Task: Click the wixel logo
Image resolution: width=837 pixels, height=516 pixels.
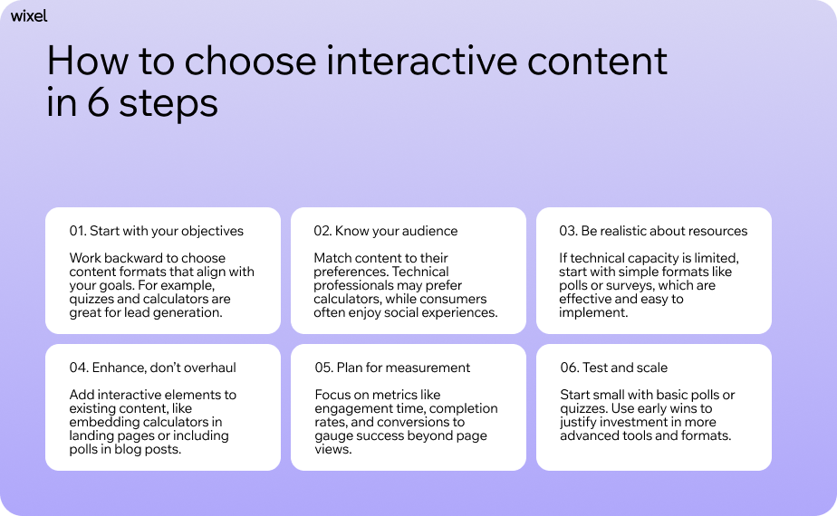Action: click(29, 15)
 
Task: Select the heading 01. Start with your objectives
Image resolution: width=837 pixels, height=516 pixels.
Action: click(156, 231)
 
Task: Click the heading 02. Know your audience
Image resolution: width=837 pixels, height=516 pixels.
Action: click(386, 231)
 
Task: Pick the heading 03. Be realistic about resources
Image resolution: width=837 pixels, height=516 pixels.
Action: click(653, 231)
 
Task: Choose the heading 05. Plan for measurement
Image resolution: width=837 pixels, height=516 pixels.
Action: click(392, 368)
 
